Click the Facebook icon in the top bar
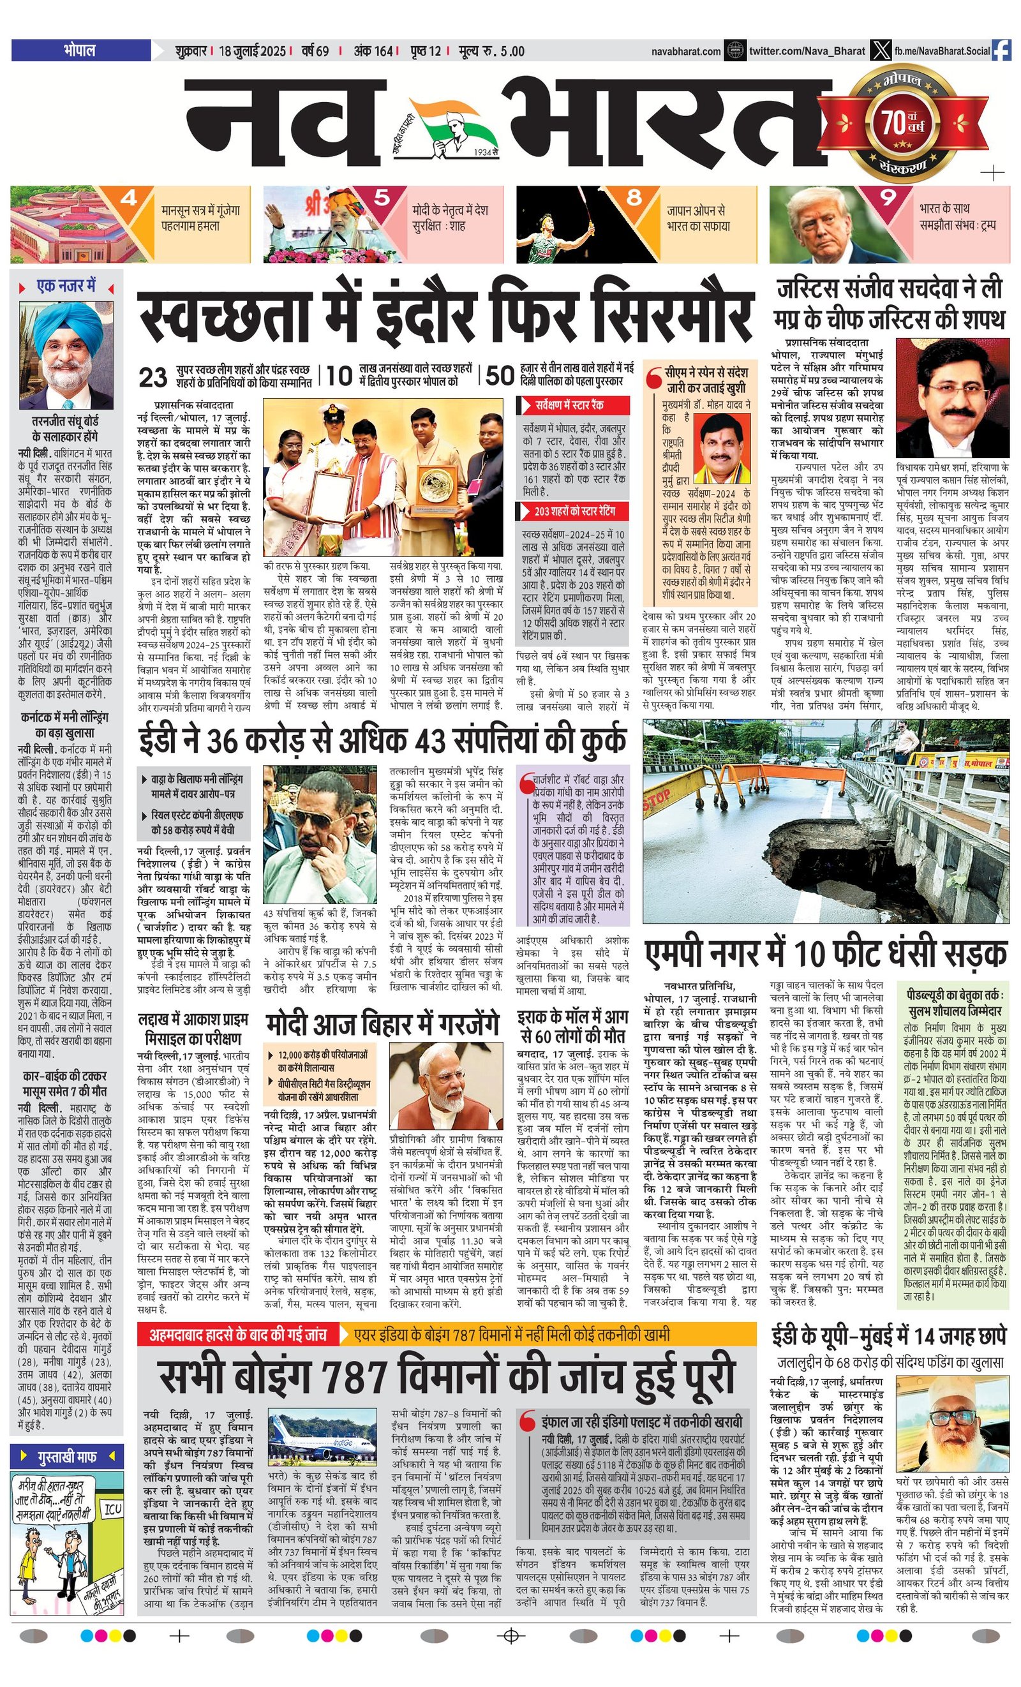1001,50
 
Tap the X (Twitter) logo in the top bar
881,50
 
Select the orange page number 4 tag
128,198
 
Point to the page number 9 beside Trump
888,198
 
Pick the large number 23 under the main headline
153,376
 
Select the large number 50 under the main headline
500,376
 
